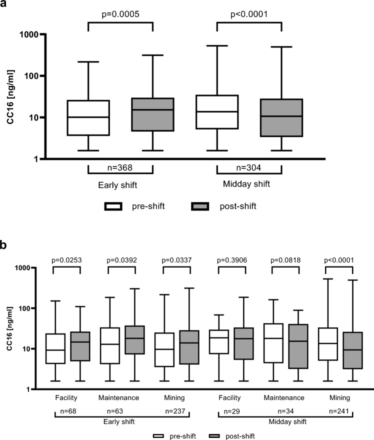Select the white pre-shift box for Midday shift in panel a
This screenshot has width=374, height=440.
pyautogui.click(x=216, y=112)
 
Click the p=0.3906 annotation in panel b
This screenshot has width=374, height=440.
pyautogui.click(x=231, y=260)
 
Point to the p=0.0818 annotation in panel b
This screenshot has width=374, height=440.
pyautogui.click(x=285, y=260)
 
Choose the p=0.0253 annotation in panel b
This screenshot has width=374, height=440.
pyautogui.click(x=66, y=260)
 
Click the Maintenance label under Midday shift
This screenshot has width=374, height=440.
pyautogui.click(x=285, y=398)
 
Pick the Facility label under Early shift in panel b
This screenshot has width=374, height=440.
pyautogui.click(x=66, y=398)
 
